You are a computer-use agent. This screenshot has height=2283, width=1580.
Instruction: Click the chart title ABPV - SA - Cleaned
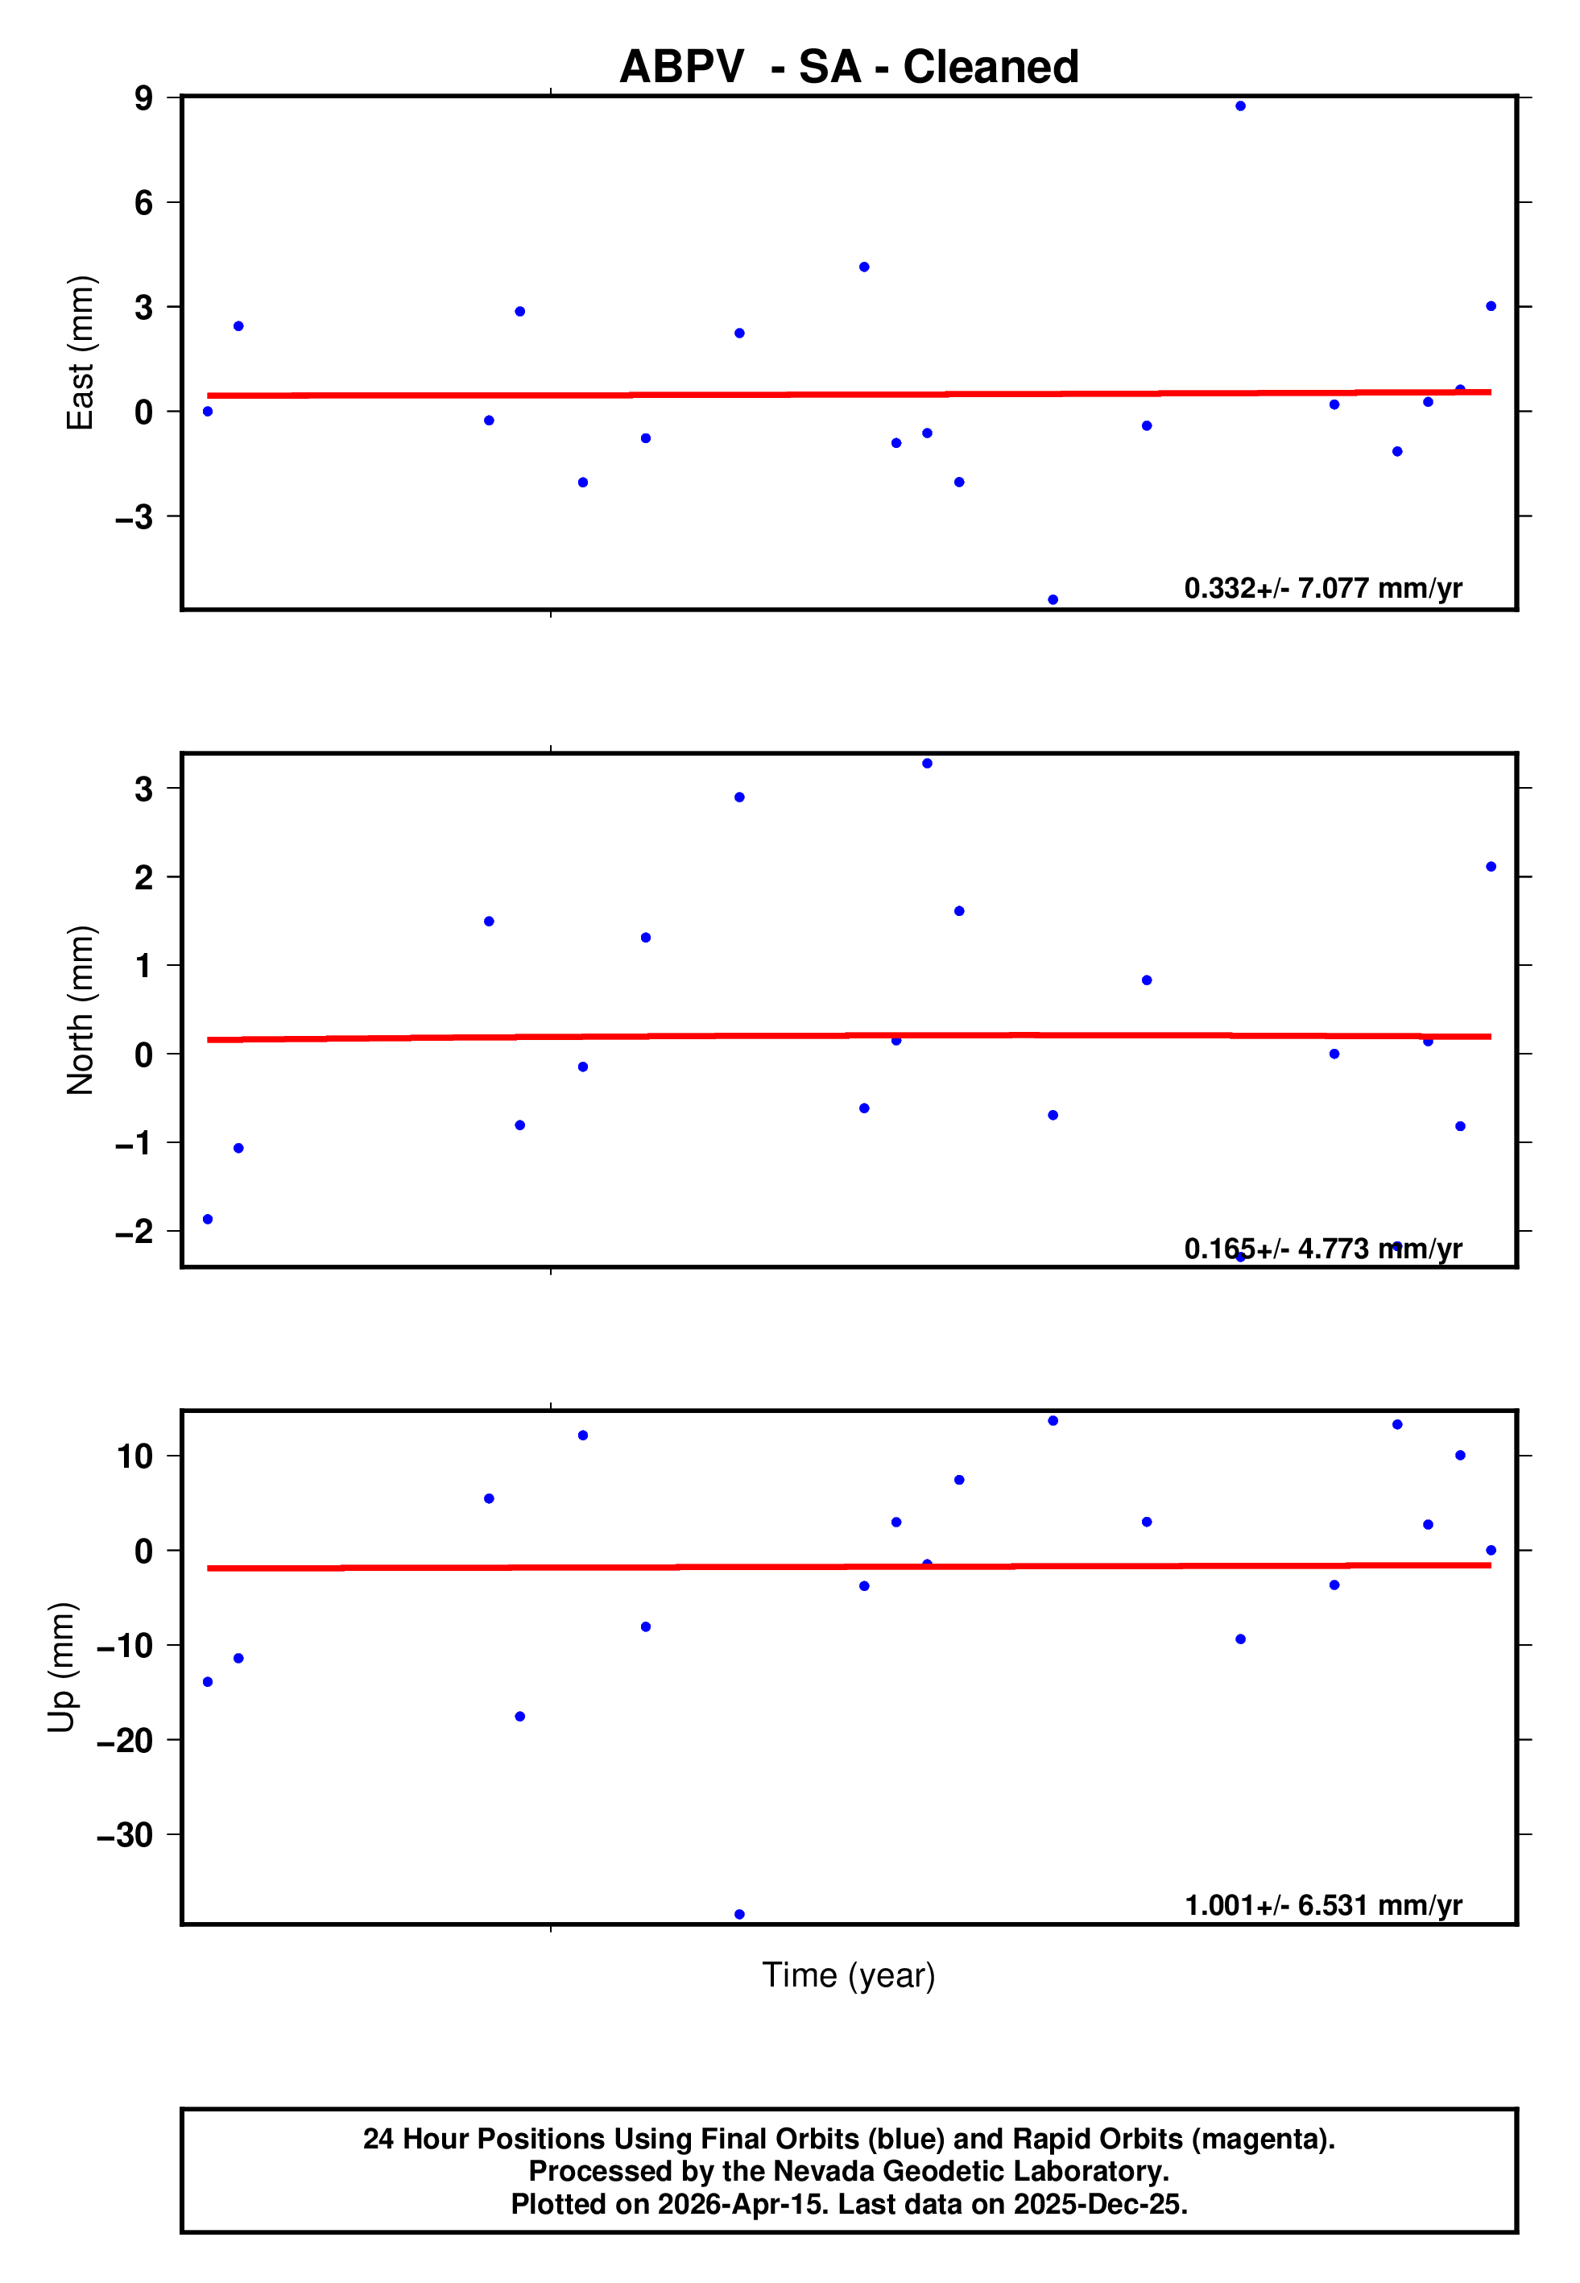(849, 68)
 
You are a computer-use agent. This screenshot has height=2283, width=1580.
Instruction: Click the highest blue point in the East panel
(1240, 106)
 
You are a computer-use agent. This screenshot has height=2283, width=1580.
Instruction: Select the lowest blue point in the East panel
(1053, 600)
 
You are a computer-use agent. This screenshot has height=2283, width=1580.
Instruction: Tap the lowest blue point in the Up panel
(739, 1915)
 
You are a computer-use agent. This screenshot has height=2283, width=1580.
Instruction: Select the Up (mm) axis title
(61, 1668)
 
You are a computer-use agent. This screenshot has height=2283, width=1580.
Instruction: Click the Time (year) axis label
(849, 1975)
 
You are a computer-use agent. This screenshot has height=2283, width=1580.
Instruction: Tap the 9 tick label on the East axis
(144, 98)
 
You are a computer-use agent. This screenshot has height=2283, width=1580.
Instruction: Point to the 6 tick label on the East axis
(144, 203)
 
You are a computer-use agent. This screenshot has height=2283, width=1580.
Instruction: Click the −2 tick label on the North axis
(134, 1232)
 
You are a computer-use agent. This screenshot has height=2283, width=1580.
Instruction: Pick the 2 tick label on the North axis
(144, 877)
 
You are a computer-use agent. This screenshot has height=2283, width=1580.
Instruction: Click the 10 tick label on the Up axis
(134, 1456)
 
